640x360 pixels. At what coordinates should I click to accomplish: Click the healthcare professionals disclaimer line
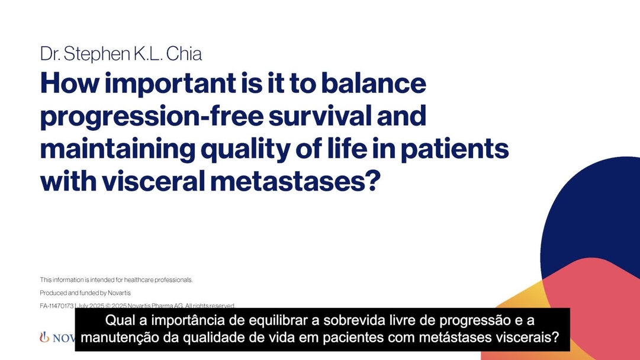tap(116, 279)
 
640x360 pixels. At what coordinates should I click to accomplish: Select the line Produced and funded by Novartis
tap(85, 292)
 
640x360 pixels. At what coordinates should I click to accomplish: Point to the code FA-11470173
tap(57, 306)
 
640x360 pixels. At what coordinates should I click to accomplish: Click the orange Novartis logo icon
tap(44, 337)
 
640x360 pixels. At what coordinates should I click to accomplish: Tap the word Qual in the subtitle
tap(117, 322)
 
